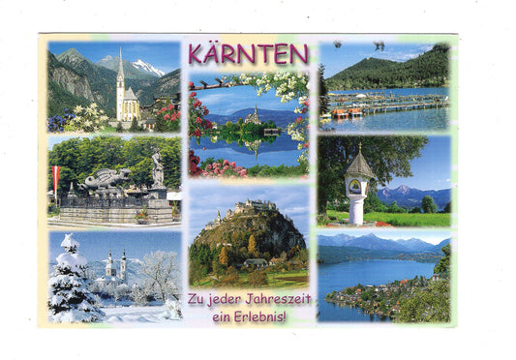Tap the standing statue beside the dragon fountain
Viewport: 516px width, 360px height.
157,170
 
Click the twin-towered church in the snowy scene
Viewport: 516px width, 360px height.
115,266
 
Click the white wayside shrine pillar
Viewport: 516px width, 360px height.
358,203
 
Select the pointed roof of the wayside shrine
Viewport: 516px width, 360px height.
358,165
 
